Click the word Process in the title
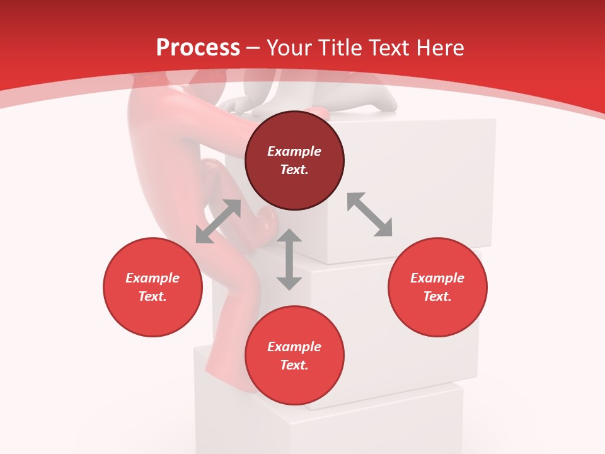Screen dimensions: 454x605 tap(198, 47)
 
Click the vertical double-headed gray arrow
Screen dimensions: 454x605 tap(289, 260)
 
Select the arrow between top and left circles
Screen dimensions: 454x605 tap(218, 221)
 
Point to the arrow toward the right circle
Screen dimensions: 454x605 tap(369, 214)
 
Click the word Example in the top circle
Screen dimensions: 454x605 tap(294, 151)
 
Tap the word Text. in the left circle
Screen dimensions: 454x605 tap(153, 296)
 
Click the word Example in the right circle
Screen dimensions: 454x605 tap(437, 278)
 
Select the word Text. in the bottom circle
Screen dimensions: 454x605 tap(294, 365)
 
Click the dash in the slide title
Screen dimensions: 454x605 tap(253, 47)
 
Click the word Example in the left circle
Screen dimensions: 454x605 tap(153, 278)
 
